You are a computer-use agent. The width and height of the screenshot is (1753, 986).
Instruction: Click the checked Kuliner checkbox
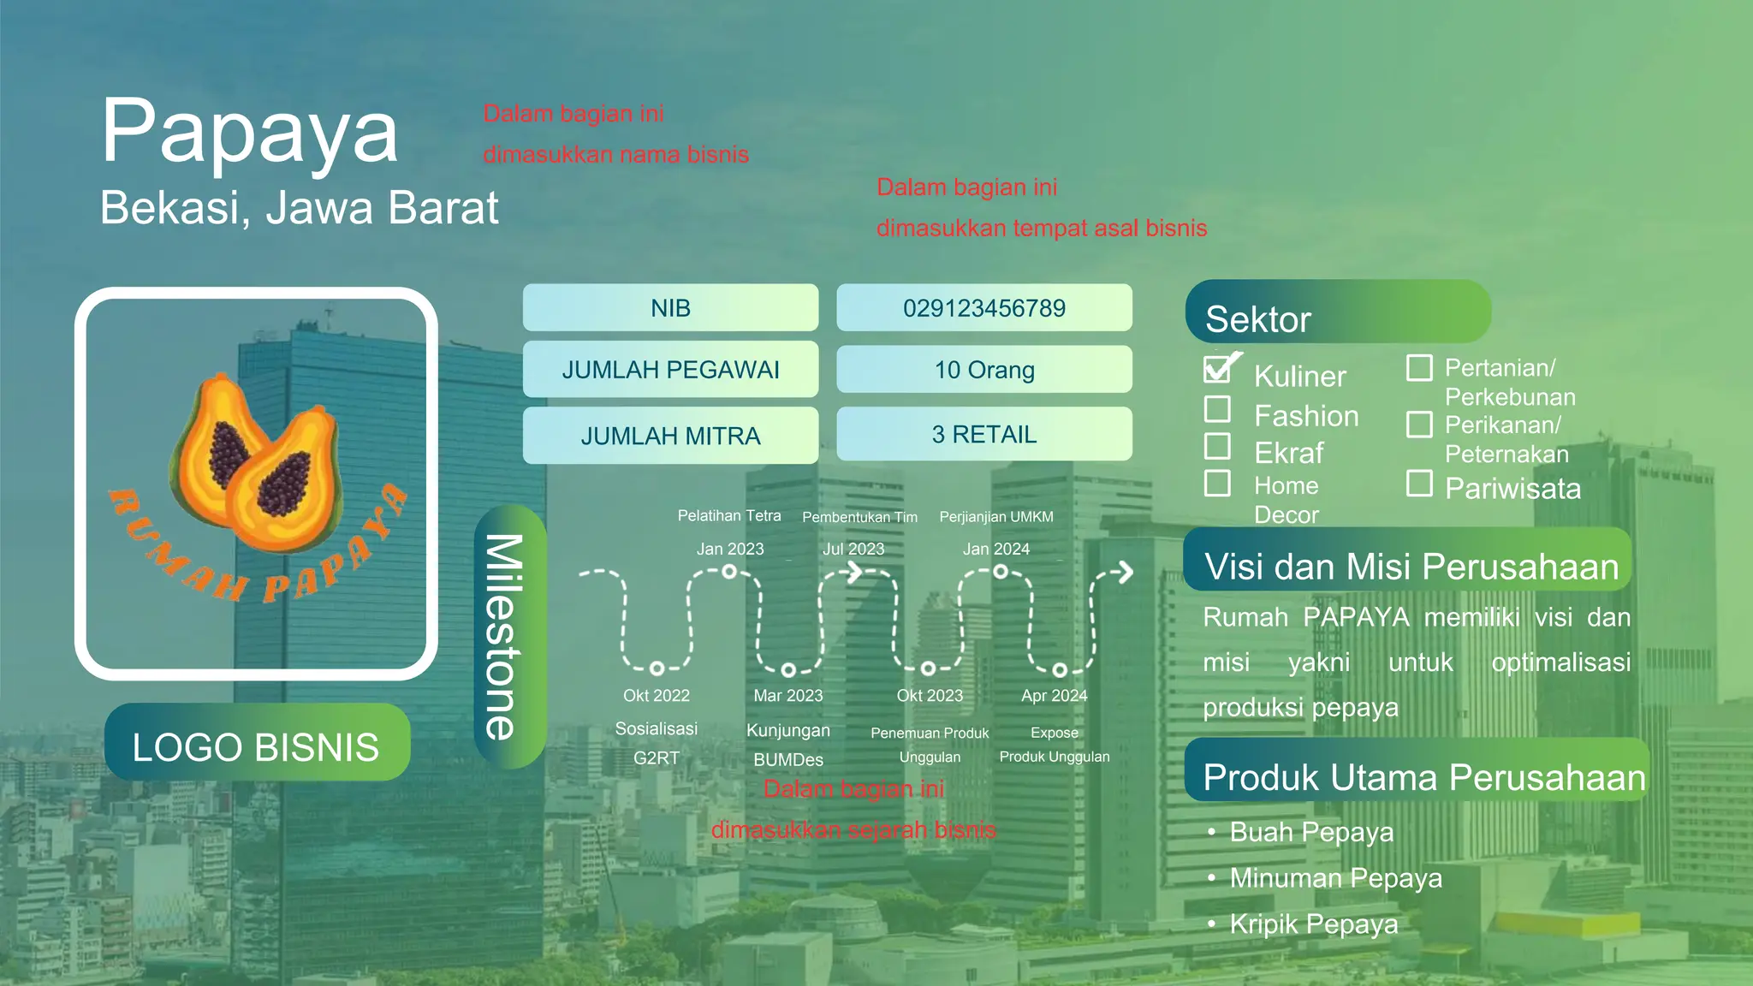(1217, 369)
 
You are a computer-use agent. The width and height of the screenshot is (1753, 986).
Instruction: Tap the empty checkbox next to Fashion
(1217, 409)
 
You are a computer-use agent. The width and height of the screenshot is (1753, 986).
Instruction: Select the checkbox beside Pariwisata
(1419, 484)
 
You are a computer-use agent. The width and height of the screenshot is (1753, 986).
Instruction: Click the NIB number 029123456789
(983, 308)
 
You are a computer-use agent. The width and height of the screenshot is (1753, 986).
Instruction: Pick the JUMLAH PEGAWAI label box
(670, 370)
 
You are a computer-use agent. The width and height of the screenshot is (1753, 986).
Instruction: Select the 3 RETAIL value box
(983, 435)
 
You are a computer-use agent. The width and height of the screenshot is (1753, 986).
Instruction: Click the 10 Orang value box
(983, 370)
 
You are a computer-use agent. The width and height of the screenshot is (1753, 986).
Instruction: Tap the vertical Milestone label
(508, 637)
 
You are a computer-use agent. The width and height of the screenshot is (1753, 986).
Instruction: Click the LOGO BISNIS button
(257, 746)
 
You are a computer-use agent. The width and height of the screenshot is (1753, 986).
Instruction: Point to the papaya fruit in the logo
(257, 466)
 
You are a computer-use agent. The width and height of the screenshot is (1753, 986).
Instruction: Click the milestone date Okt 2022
(656, 696)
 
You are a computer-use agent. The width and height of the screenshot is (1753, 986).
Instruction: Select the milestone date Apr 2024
(1054, 696)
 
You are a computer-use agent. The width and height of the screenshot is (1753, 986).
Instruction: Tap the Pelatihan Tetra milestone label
(729, 516)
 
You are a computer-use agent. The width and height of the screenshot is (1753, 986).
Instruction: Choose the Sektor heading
(1258, 319)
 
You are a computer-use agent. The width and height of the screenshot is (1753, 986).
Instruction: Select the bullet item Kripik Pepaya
(1313, 924)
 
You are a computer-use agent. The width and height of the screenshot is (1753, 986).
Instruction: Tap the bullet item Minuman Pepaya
(1335, 878)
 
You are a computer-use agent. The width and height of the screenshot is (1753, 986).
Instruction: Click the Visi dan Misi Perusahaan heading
(1411, 567)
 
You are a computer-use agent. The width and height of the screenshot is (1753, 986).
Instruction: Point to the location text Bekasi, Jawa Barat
(300, 208)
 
